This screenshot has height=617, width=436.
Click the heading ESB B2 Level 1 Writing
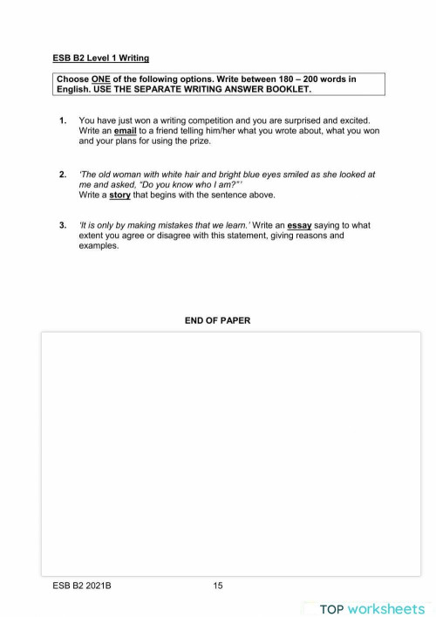100,58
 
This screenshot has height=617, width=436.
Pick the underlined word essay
300,225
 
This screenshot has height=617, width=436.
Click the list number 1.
63,120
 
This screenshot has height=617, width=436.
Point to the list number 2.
63,175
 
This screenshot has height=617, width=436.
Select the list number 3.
63,225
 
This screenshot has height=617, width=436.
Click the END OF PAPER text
217,320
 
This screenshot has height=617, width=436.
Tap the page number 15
218,586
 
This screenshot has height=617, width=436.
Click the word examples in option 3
99,246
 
